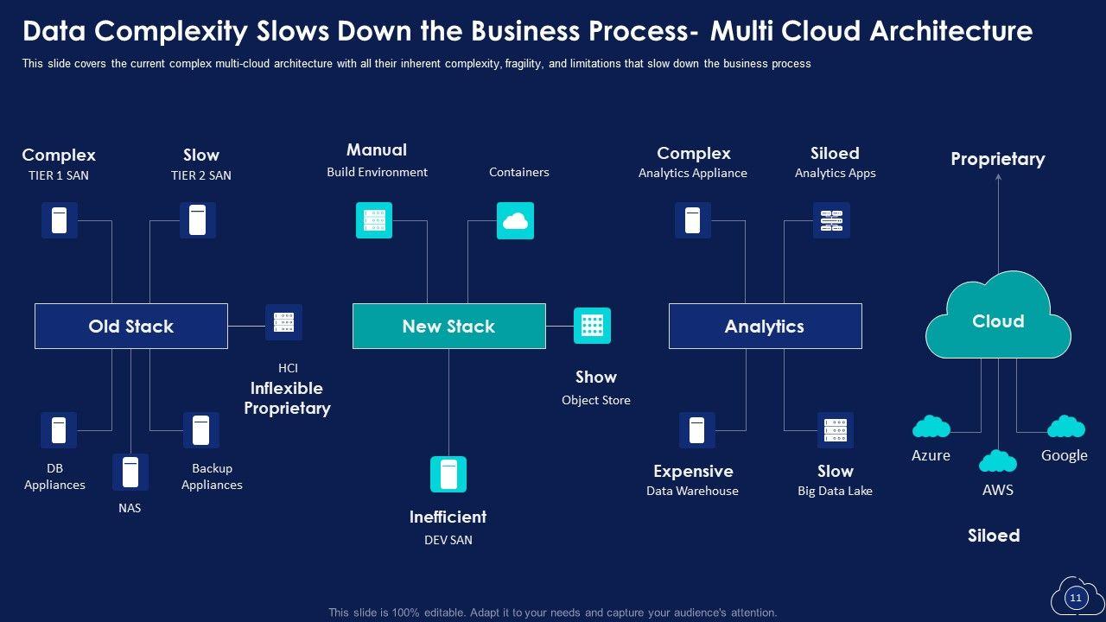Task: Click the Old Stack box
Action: pos(131,326)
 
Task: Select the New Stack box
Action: pos(448,326)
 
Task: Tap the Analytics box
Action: pos(765,326)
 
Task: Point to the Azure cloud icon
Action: pos(931,427)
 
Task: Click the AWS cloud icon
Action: pos(998,461)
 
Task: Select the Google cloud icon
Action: pos(1065,427)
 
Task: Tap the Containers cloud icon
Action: pos(515,220)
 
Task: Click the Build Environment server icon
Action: pos(374,220)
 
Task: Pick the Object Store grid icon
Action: pos(592,326)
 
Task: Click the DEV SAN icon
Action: pos(448,474)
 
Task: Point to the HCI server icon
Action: pos(283,322)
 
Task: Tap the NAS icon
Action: pos(130,472)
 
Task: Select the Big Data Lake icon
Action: pos(836,430)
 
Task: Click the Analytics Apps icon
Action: pos(831,220)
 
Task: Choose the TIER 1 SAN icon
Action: pos(60,220)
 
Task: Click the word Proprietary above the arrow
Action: pos(998,159)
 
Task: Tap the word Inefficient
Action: pos(448,517)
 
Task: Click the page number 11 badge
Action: pos(1076,598)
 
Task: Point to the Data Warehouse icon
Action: pos(697,430)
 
